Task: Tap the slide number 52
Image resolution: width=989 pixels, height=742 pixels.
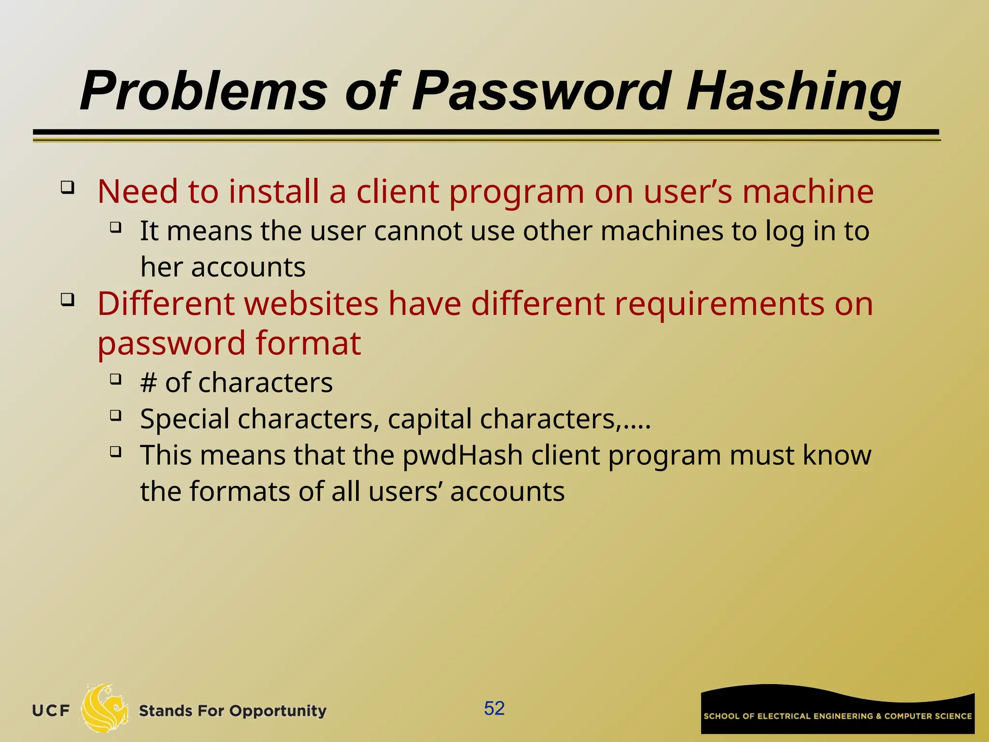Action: (494, 708)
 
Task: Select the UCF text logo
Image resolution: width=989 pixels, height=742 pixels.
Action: (51, 711)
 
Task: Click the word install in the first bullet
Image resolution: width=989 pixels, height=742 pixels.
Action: (274, 191)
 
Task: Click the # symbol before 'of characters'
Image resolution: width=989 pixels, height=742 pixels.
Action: (148, 383)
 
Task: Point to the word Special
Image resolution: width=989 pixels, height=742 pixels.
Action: (184, 419)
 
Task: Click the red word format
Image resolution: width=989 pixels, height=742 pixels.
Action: (308, 343)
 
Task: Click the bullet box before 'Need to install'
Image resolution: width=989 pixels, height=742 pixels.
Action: (68, 187)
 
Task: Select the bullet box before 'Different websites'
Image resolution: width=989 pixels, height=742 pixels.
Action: (68, 300)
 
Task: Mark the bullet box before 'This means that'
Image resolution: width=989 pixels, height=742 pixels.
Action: (115, 452)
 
